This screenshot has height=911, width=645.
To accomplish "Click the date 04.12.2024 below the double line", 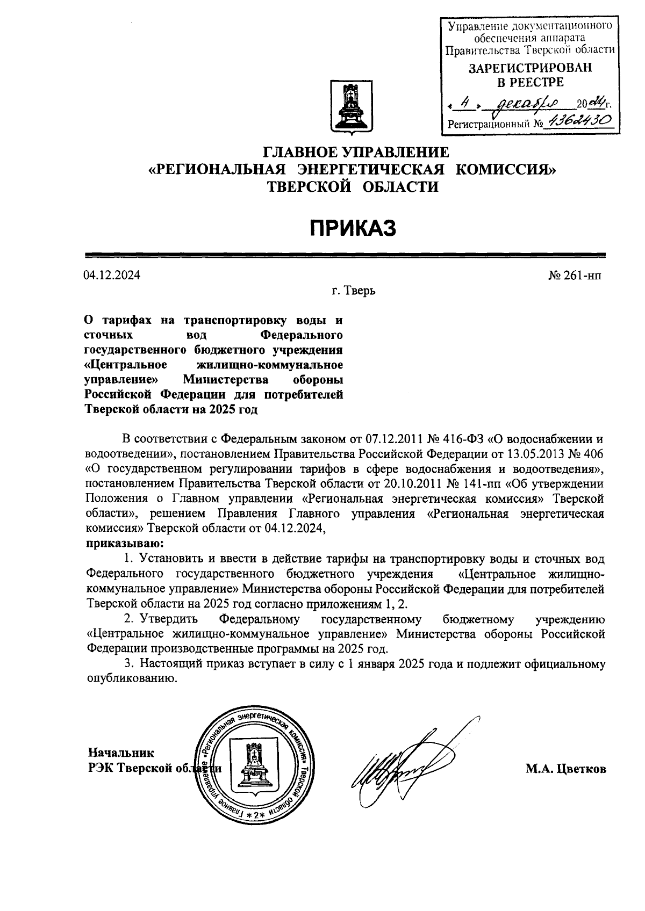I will (x=112, y=276).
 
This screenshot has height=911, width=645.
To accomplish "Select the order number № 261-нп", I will (x=575, y=276).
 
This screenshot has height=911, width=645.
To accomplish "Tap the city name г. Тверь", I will (x=353, y=292).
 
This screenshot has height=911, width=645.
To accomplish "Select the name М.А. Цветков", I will (x=565, y=769).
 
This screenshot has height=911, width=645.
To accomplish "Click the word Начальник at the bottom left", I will (x=121, y=753).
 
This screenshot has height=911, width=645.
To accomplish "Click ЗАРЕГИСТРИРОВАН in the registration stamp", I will (x=530, y=68).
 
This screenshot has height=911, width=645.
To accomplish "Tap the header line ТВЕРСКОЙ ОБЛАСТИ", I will (x=353, y=187).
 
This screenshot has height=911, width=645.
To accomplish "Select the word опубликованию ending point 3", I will (x=132, y=678).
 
